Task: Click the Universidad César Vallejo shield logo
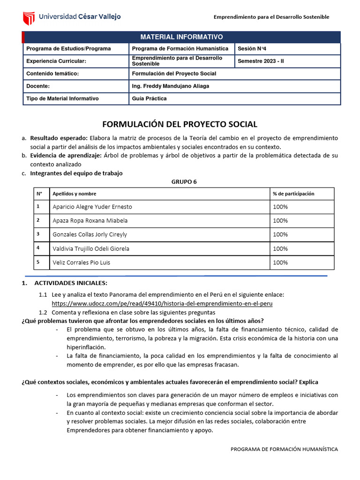click(x=29, y=17)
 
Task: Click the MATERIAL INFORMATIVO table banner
click(x=182, y=37)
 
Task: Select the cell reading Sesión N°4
click(x=252, y=49)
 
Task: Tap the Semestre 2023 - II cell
click(x=261, y=61)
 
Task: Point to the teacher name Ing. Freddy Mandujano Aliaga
click(x=171, y=86)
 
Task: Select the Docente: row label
click(x=38, y=86)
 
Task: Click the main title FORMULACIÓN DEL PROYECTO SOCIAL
click(x=180, y=124)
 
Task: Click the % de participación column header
click(x=293, y=194)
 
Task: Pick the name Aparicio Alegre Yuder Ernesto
click(x=92, y=207)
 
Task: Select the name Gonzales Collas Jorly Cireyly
click(x=90, y=234)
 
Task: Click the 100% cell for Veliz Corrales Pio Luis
click(x=280, y=262)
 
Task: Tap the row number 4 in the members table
click(x=37, y=248)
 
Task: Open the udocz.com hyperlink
click(x=162, y=303)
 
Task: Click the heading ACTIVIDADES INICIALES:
click(x=71, y=283)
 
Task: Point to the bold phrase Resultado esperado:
click(x=59, y=138)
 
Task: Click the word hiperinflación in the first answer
click(x=86, y=347)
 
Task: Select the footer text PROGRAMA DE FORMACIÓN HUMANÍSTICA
click(x=284, y=449)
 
